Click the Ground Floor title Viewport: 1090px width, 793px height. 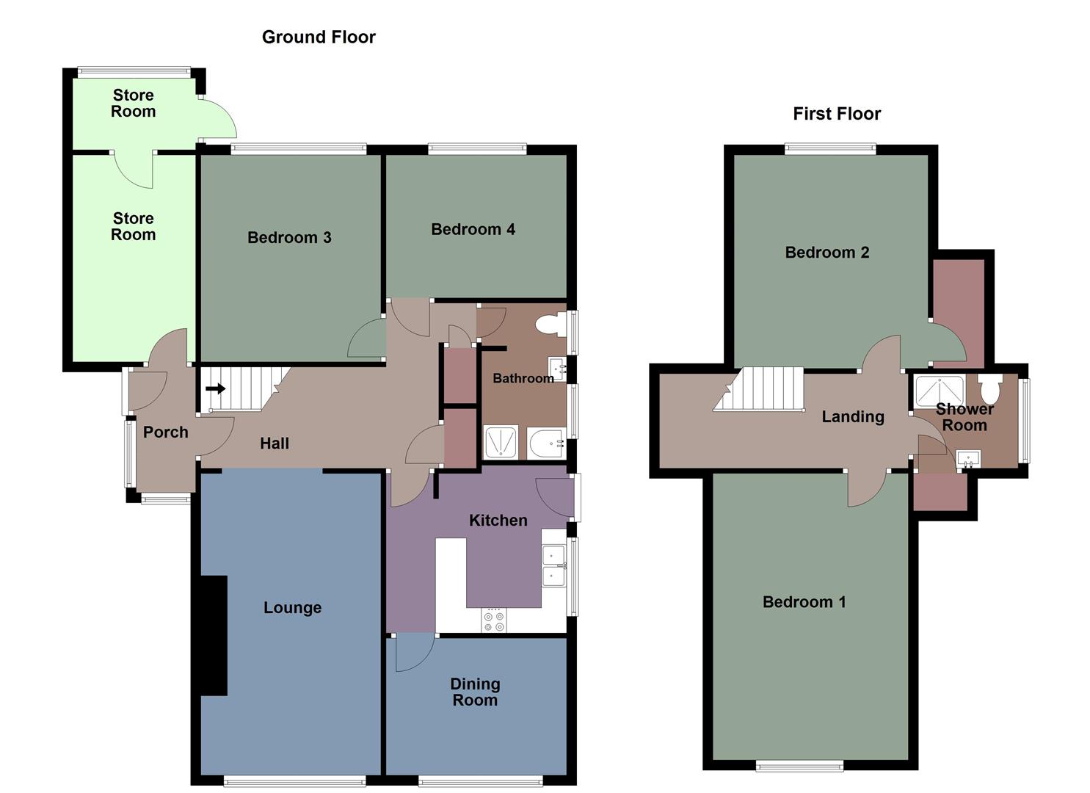pyautogui.click(x=319, y=37)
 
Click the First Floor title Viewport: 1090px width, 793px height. pyautogui.click(x=837, y=114)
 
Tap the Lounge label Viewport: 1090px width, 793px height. pyautogui.click(x=292, y=608)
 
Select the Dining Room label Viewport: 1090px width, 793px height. pyautogui.click(x=475, y=692)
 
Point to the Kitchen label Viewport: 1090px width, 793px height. pyautogui.click(x=498, y=521)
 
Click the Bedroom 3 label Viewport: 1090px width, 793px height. pyautogui.click(x=289, y=237)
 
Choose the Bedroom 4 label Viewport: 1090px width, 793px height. pyautogui.click(x=473, y=229)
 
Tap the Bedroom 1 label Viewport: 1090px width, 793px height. pyautogui.click(x=804, y=602)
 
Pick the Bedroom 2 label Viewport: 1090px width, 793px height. pyautogui.click(x=827, y=253)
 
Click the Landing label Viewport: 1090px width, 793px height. pyautogui.click(x=852, y=417)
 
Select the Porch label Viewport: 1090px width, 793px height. pyautogui.click(x=165, y=432)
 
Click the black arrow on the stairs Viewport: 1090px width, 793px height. pyautogui.click(x=216, y=388)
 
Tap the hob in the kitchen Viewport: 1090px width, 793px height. pyautogui.click(x=493, y=621)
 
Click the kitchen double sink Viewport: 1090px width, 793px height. pyautogui.click(x=553, y=565)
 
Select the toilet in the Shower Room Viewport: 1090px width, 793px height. pyautogui.click(x=990, y=387)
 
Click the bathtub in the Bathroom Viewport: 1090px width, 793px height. pyautogui.click(x=545, y=443)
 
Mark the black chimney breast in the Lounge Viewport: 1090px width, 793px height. pyautogui.click(x=214, y=635)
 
